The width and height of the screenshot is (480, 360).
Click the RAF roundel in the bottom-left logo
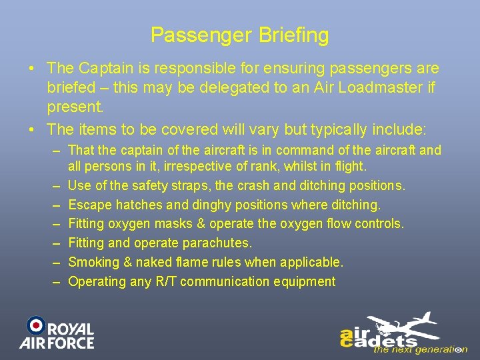(36, 325)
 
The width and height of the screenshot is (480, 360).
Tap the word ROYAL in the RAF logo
(71, 329)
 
